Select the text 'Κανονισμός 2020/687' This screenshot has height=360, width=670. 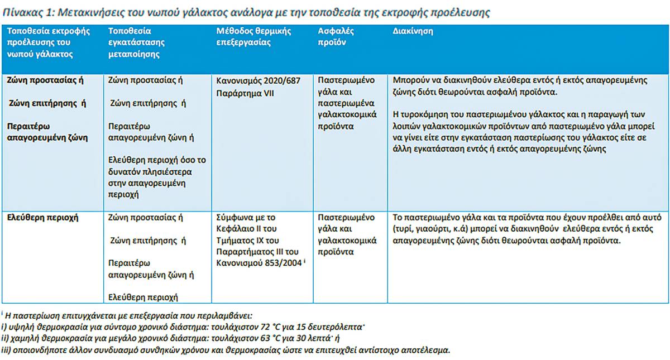tap(258, 81)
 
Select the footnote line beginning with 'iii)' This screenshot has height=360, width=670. tap(226, 351)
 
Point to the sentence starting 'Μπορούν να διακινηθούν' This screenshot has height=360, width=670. tap(520, 87)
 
